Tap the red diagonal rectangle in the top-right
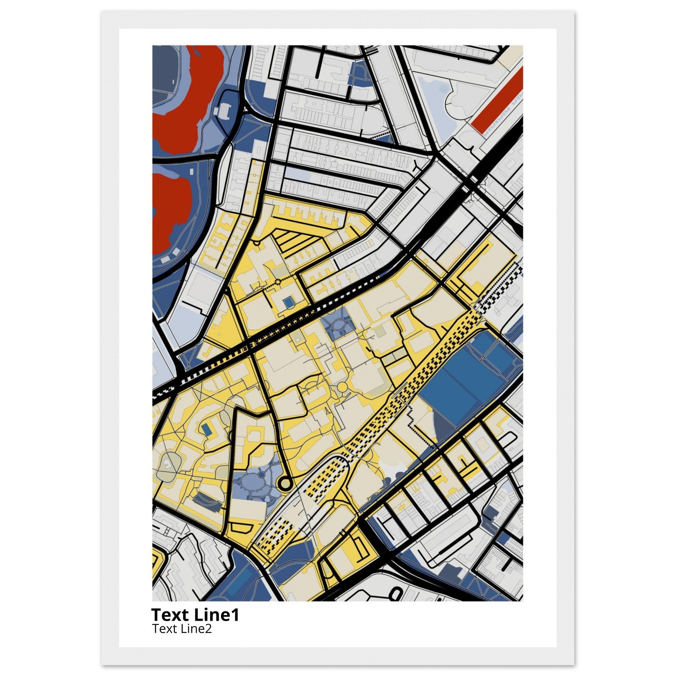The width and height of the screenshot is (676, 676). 497,102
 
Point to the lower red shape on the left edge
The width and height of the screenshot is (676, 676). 171,210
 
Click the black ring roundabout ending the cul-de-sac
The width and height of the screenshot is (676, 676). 285,484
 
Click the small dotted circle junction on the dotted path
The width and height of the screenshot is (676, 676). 278,281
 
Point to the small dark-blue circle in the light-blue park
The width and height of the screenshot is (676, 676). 261,474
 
